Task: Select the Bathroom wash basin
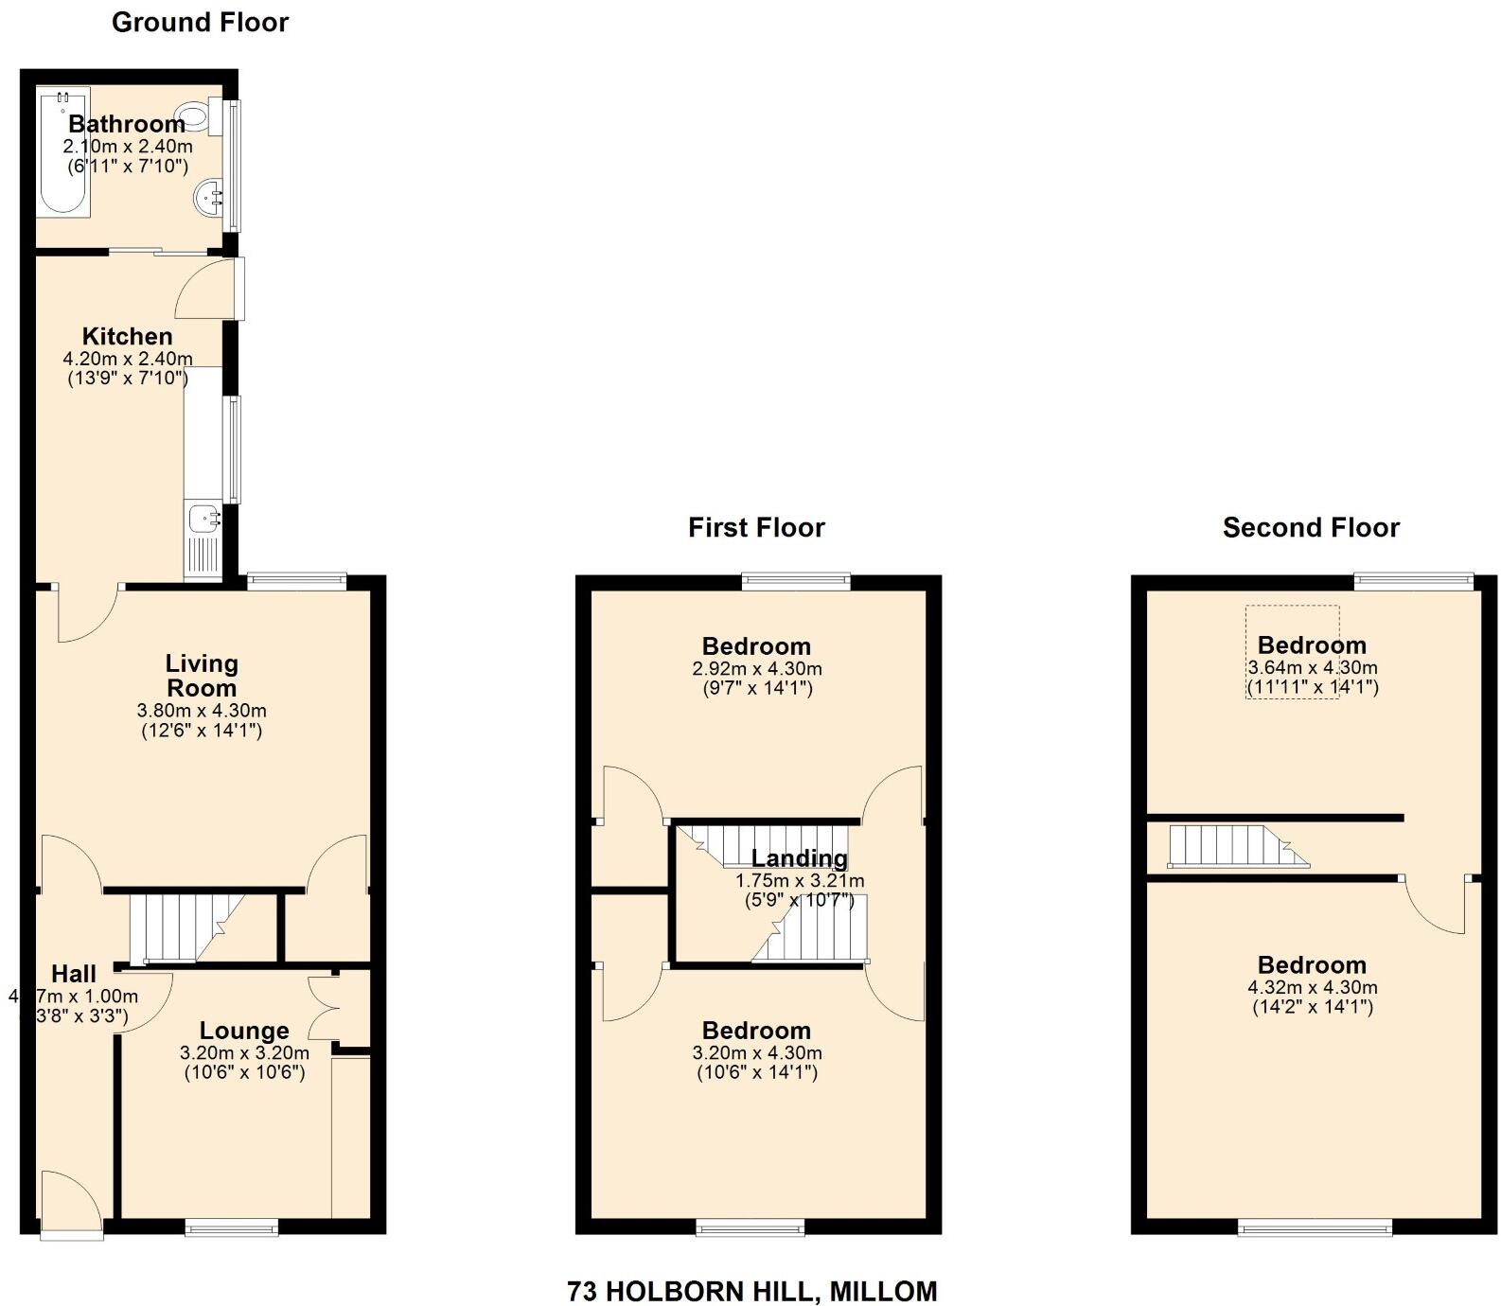(x=208, y=199)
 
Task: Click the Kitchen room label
(x=127, y=336)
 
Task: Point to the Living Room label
(x=202, y=676)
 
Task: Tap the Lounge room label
(x=244, y=1031)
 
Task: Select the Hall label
(x=74, y=974)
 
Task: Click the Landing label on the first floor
(x=800, y=858)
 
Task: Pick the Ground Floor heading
(x=200, y=23)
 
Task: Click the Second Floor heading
(x=1311, y=527)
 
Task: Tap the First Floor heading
(x=756, y=527)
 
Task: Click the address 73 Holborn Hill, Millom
(x=752, y=1291)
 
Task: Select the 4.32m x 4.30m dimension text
(x=1312, y=987)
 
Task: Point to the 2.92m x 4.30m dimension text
(x=756, y=668)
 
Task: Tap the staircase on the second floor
(x=1230, y=846)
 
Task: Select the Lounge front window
(x=232, y=1227)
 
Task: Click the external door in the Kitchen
(x=206, y=290)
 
